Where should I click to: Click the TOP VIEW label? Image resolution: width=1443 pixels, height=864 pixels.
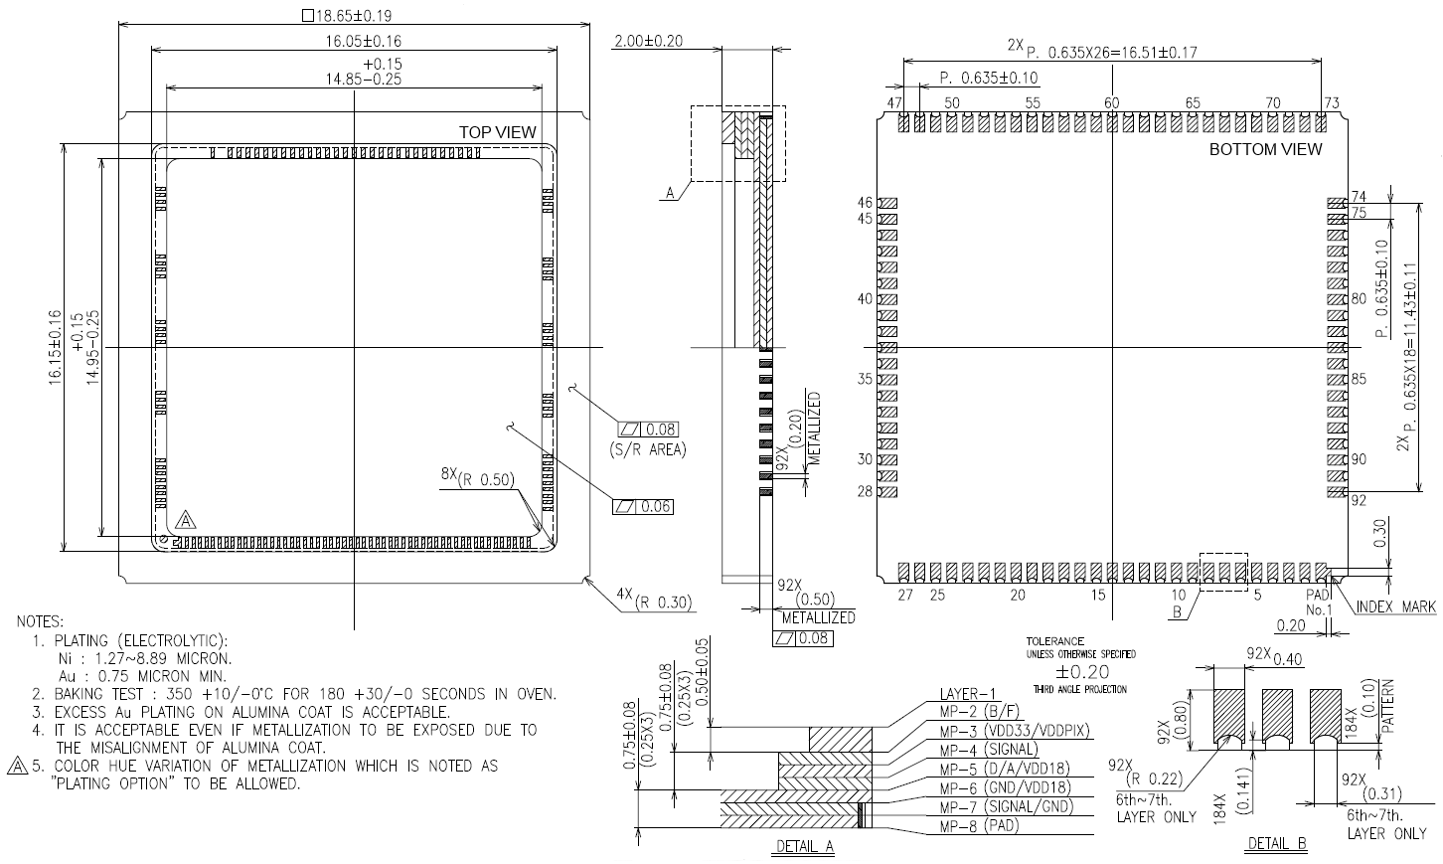pyautogui.click(x=497, y=132)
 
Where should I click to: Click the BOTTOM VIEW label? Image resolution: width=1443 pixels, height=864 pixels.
pyautogui.click(x=1265, y=149)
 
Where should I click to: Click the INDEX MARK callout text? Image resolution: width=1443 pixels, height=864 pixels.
pyautogui.click(x=1395, y=606)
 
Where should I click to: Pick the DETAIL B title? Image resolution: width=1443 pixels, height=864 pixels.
pyautogui.click(x=1277, y=844)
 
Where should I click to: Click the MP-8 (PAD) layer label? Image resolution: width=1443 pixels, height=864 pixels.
pyautogui.click(x=979, y=825)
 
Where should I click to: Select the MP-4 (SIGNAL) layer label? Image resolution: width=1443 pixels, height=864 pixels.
pyautogui.click(x=988, y=749)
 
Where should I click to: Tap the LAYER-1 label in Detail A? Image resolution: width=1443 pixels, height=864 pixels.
pyautogui.click(x=967, y=694)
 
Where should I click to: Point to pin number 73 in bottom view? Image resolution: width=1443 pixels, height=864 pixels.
pyautogui.click(x=1332, y=102)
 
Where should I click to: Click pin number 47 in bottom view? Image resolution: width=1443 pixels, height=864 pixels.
pyautogui.click(x=894, y=102)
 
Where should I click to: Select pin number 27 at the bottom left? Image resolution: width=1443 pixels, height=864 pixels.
pyautogui.click(x=904, y=595)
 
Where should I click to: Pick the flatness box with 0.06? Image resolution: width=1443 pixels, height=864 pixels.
pyautogui.click(x=643, y=507)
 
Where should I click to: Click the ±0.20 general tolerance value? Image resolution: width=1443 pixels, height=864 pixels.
pyautogui.click(x=1080, y=673)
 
